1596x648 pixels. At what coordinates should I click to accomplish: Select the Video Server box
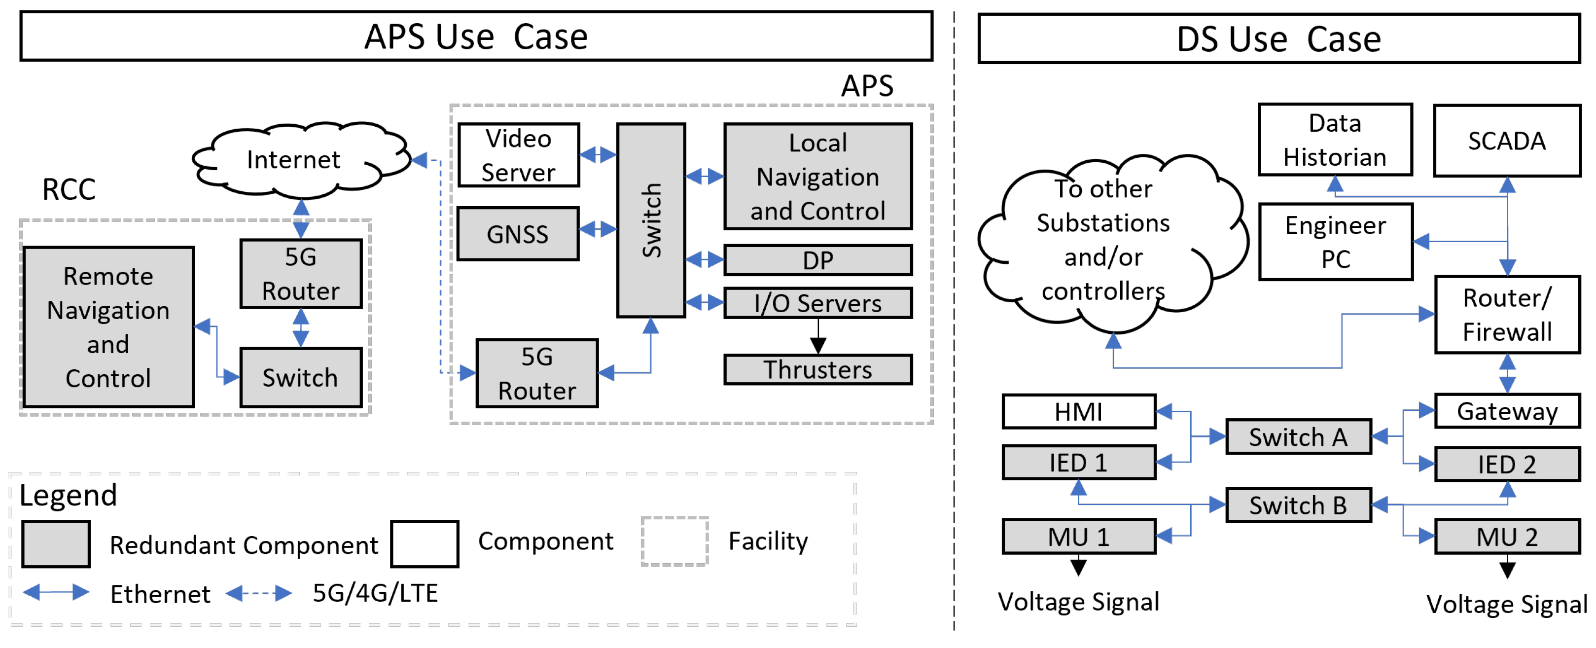point(518,155)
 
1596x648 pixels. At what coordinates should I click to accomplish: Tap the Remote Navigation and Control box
point(108,326)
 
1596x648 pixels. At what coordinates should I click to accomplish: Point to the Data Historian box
point(1335,140)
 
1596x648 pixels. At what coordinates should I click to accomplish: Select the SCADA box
point(1506,141)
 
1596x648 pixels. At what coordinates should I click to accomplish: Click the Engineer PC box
point(1335,242)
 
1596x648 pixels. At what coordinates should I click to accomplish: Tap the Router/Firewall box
point(1506,315)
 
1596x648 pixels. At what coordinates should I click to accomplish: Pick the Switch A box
point(1298,437)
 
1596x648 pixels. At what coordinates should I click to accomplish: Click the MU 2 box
point(1506,537)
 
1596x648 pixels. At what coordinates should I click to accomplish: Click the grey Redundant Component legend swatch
point(56,544)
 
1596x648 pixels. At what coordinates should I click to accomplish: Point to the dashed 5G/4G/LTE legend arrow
point(258,593)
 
